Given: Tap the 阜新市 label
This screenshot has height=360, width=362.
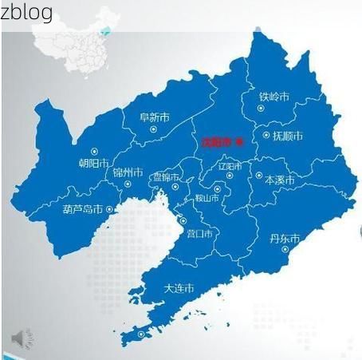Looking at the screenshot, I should point(154,117).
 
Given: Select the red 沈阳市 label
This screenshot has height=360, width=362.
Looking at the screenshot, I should point(215,141).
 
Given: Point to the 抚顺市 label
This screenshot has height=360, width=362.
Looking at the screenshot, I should point(287,136).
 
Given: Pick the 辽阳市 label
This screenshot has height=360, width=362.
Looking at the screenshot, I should point(230,167).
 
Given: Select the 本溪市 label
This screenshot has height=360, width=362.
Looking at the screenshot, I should point(279,180).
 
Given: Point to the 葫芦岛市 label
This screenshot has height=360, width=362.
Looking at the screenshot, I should point(82,210).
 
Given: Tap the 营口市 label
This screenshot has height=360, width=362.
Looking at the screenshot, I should point(199,234).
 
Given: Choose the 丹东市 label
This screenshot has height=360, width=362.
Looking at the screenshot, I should point(284,239).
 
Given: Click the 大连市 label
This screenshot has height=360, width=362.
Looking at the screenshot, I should point(179,288).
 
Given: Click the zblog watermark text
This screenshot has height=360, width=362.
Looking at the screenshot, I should point(27,11).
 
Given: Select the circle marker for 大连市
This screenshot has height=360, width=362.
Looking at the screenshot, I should point(141,334).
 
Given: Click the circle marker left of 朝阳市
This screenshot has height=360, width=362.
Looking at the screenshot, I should point(95,151).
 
